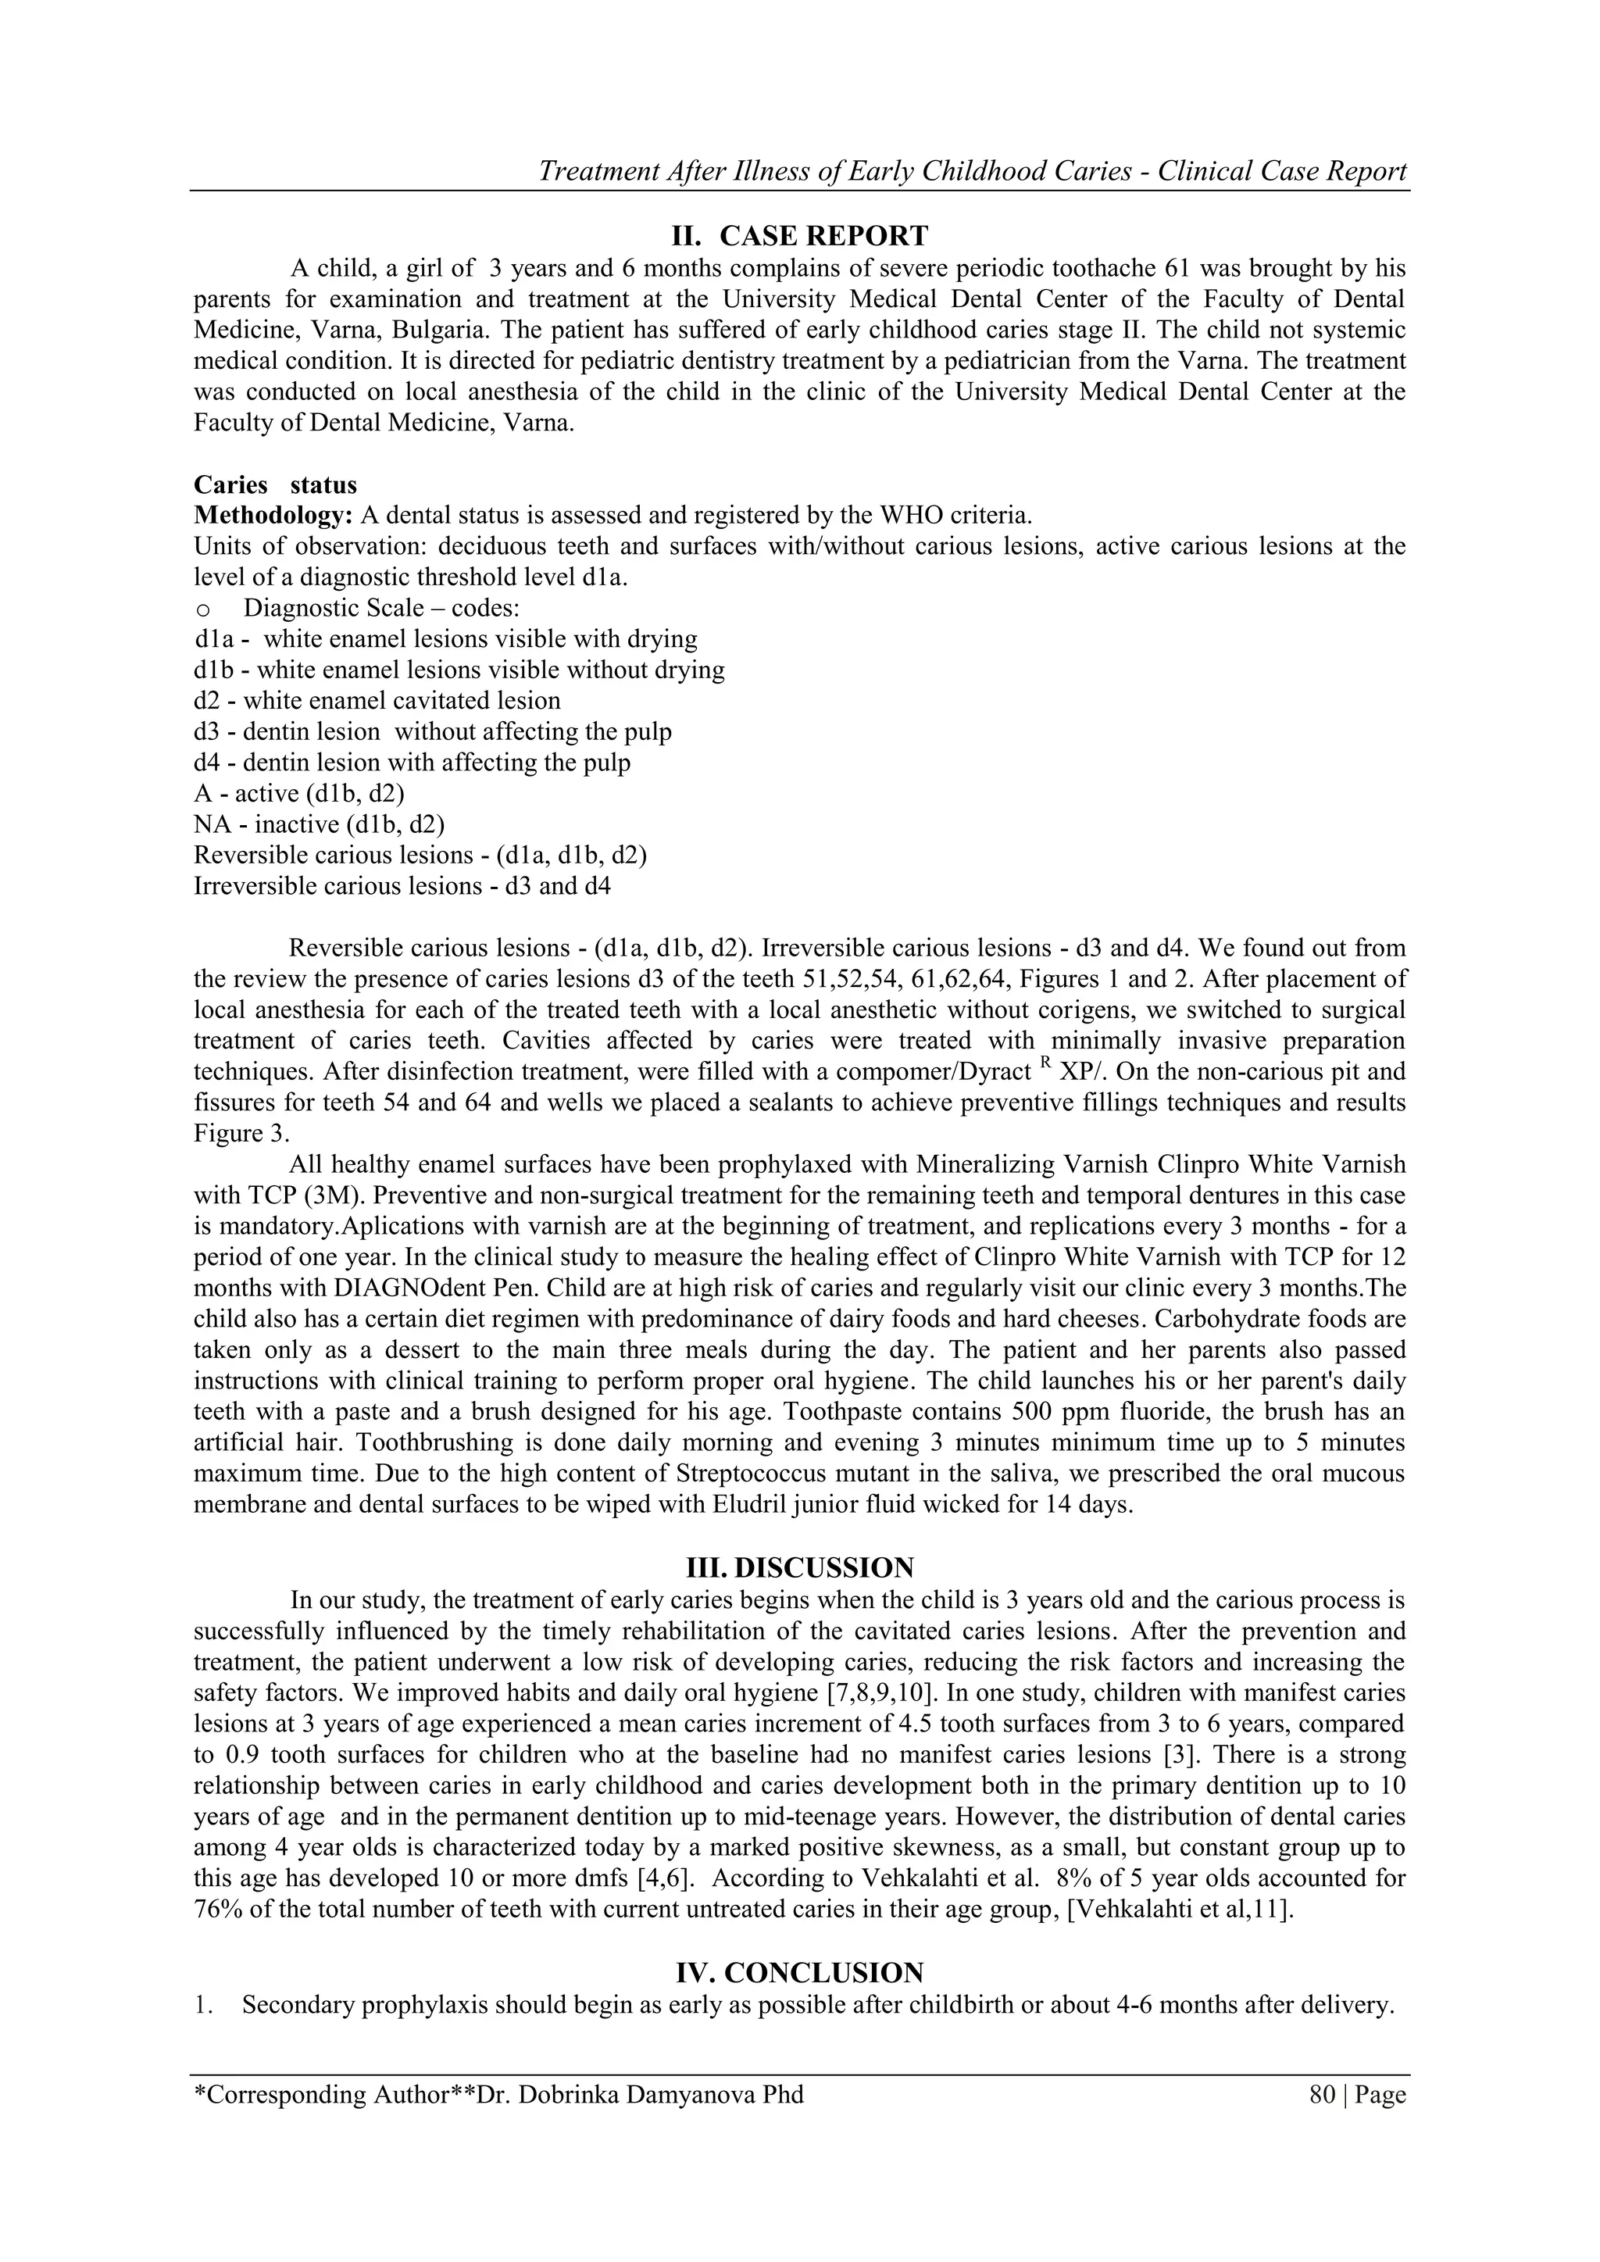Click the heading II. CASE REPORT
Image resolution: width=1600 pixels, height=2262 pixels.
click(x=799, y=237)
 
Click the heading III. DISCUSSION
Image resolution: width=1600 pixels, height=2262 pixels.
click(x=799, y=1567)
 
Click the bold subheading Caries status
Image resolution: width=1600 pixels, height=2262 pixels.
click(x=275, y=484)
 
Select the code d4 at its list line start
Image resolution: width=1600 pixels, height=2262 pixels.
click(x=207, y=763)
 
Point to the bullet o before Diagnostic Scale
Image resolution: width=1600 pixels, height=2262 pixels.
click(x=202, y=609)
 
